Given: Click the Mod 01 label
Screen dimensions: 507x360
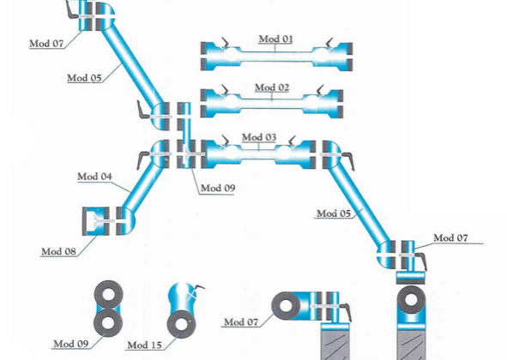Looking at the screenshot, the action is point(276,39).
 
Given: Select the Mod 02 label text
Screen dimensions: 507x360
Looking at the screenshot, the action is point(272,87).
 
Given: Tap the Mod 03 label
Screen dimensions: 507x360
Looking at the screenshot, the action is point(259,137).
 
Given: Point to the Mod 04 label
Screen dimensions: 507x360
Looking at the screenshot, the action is point(94,177).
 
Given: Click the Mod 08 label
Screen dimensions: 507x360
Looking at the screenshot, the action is point(58,251).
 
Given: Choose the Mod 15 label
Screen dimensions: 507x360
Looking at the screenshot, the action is point(144,345).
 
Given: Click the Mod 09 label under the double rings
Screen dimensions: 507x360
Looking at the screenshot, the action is point(71,344).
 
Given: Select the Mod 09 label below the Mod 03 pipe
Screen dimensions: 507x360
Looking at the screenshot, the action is point(218,188).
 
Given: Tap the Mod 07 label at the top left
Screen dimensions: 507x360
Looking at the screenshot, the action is point(46,44).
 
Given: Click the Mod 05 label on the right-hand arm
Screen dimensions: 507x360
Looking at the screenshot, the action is point(334,213).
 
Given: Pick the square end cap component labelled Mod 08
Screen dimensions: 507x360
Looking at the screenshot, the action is point(96,221).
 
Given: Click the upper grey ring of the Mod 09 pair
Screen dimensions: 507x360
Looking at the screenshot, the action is point(108,295).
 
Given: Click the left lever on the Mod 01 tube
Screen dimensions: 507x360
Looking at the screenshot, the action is point(225,44).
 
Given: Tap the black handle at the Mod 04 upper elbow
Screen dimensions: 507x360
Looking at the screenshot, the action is point(142,159).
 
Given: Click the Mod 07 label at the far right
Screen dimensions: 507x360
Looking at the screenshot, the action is point(450,237).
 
